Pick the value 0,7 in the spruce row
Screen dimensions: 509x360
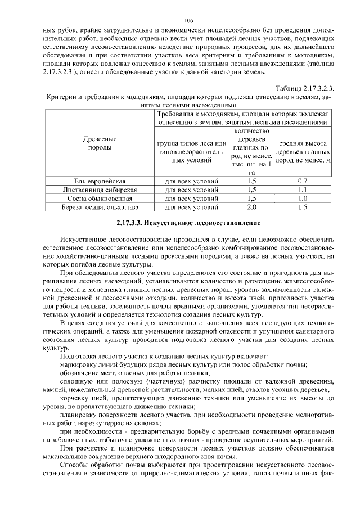tap(303, 182)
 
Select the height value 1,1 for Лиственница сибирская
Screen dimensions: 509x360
tap(303, 190)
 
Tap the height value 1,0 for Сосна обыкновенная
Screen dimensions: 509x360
tap(303, 199)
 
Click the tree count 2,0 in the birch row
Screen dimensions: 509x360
tap(251, 207)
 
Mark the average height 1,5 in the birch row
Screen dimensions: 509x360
tap(303, 207)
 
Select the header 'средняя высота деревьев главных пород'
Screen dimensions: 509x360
tap(303, 152)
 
